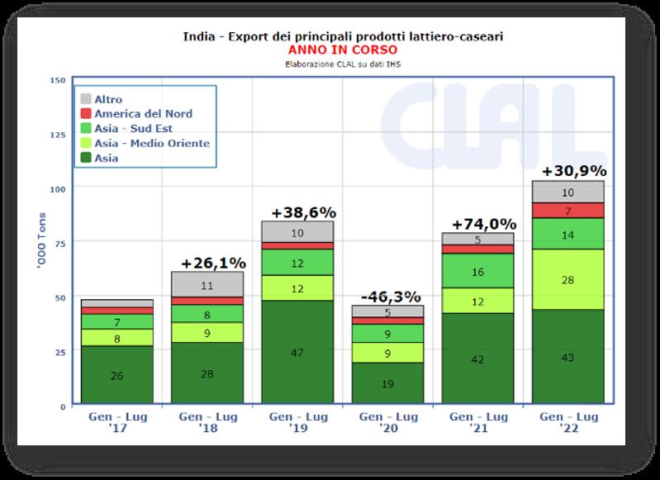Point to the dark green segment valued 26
(x=116, y=376)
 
